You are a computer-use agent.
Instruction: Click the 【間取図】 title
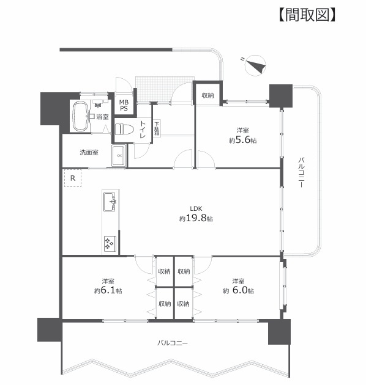click(307, 15)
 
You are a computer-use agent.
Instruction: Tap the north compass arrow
click(256, 65)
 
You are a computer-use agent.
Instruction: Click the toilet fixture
click(124, 129)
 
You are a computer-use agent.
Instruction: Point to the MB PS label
click(124, 105)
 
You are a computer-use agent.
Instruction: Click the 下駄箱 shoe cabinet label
click(157, 129)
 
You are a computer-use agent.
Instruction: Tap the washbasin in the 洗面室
click(119, 155)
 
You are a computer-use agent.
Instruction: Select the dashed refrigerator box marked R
click(73, 178)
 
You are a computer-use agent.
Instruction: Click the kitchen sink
click(110, 202)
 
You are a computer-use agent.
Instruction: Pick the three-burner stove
click(110, 243)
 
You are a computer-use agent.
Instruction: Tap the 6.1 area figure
click(108, 290)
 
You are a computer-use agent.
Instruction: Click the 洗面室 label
click(89, 152)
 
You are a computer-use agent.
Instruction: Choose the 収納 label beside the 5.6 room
click(207, 95)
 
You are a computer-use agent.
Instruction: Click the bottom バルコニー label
click(173, 343)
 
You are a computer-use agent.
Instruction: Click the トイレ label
click(143, 129)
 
